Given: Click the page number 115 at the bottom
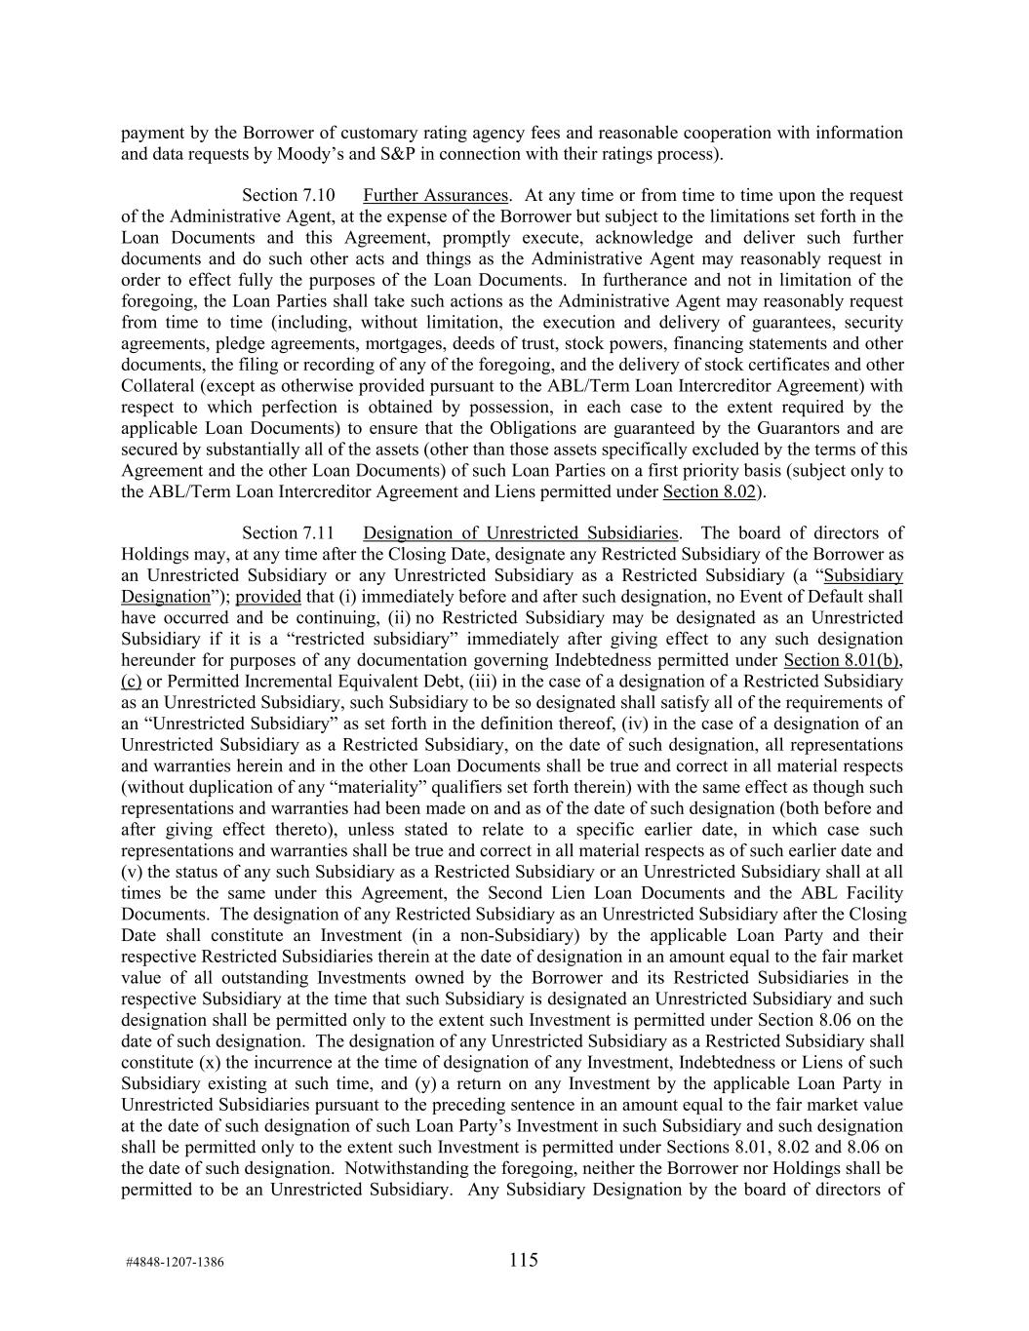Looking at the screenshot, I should tap(523, 1260).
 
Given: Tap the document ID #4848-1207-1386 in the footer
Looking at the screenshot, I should tap(175, 1262).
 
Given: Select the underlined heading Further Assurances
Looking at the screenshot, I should tap(435, 195).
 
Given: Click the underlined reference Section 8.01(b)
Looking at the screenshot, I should tap(843, 660).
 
